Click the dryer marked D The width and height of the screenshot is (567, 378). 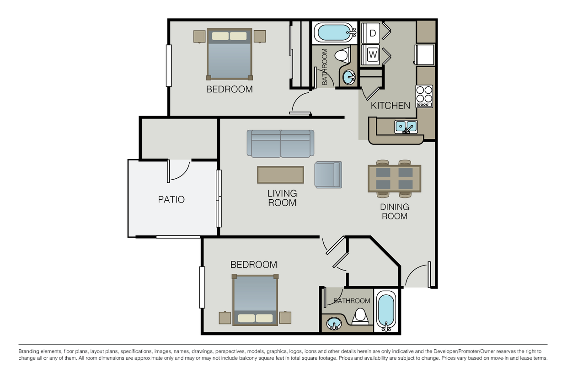[370, 33]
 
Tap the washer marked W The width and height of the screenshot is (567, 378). [370, 55]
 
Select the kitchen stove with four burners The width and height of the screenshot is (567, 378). [424, 96]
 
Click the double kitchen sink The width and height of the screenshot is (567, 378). [406, 127]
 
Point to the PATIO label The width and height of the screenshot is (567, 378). [171, 199]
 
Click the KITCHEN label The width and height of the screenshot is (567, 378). [390, 106]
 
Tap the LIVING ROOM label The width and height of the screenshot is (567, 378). [282, 198]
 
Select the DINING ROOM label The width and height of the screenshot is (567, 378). [394, 212]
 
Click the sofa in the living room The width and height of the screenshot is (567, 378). [280, 144]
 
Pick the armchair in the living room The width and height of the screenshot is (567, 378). [328, 175]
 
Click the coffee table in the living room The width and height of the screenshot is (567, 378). [280, 175]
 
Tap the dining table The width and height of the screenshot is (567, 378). [394, 178]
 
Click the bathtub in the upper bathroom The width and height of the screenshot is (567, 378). [335, 32]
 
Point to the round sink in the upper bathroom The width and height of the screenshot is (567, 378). [349, 77]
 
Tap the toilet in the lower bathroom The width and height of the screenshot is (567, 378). [360, 316]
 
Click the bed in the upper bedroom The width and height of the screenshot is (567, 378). [230, 54]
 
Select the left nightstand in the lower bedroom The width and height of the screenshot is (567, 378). [225, 318]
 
